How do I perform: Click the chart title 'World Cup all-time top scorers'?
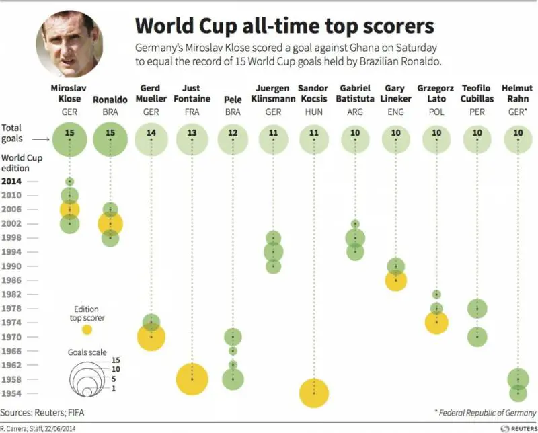[284, 26]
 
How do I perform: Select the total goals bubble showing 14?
[151, 133]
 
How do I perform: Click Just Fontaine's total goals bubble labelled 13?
[192, 133]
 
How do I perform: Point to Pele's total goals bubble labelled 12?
[233, 133]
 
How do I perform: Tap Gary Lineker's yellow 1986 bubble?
[396, 280]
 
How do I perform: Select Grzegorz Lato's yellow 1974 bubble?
[436, 323]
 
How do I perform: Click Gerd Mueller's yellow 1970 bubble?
[152, 336]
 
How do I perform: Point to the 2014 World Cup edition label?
[11, 181]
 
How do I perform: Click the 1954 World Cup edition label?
[11, 393]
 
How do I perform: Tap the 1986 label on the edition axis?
[11, 280]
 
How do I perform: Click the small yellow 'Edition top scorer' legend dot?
[87, 329]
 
